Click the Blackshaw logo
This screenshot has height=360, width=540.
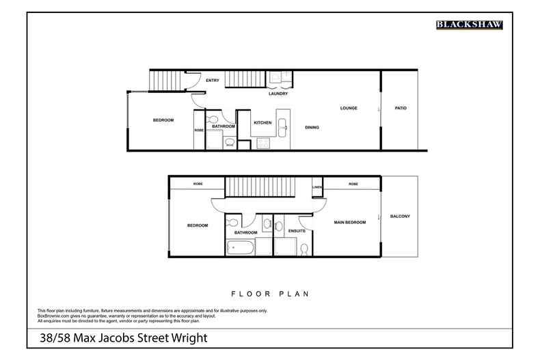coord(470,25)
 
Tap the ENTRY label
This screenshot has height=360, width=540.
coord(213,81)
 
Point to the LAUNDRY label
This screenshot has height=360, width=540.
coord(278,94)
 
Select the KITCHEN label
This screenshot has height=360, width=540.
coord(262,123)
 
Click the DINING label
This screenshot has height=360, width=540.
coord(312,128)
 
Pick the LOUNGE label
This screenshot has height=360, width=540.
coord(349,108)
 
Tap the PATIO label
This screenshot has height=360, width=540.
coord(401,108)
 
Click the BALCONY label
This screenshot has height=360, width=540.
coord(400,217)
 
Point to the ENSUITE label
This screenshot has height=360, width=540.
coord(297,231)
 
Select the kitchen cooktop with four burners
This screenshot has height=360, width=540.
coord(263,142)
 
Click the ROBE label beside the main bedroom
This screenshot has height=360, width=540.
coord(353,184)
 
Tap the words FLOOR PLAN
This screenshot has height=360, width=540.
coord(270,294)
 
